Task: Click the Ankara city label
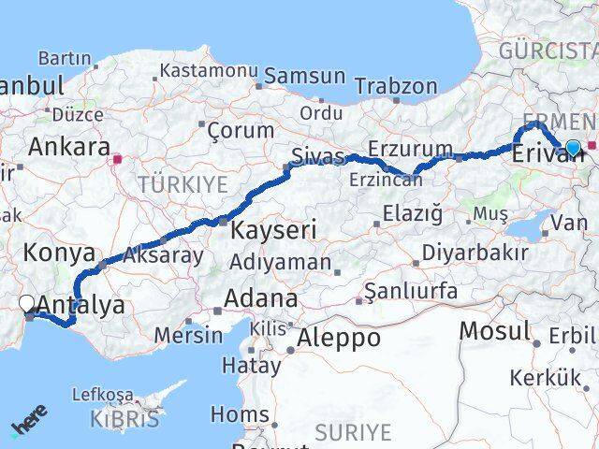(x=68, y=147)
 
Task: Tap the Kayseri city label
(x=274, y=229)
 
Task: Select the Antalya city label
(x=82, y=305)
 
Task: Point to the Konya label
(x=59, y=253)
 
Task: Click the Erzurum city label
(x=410, y=150)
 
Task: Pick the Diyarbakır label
(x=475, y=253)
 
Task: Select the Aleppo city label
(x=339, y=338)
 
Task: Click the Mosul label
(x=495, y=331)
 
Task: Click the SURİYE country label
(x=352, y=431)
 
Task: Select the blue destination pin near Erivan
(x=573, y=147)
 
